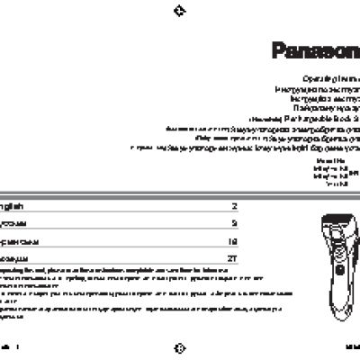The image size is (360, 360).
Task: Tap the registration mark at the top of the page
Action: pos(179,11)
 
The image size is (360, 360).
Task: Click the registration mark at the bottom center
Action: pos(179,346)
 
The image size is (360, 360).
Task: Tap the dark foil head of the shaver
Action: pos(330,222)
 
